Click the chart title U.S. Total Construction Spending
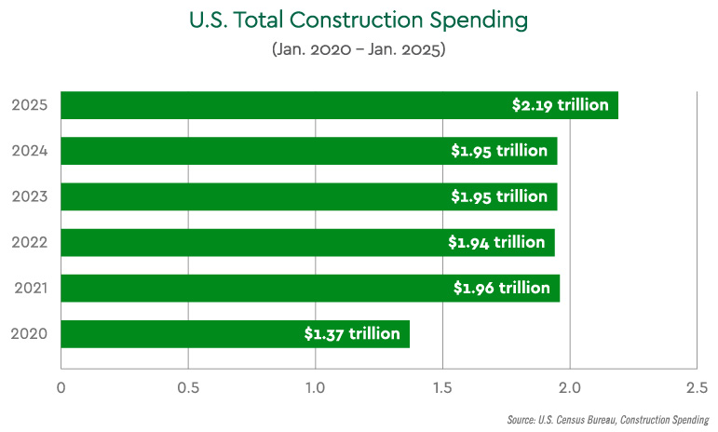pos(359,20)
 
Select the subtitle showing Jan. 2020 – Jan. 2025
pos(359,49)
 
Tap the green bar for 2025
pos(279,105)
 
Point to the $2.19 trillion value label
pos(560,105)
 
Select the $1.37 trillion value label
pos(352,333)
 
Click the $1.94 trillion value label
pos(496,242)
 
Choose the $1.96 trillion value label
pos(501,288)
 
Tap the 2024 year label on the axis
pos(30,151)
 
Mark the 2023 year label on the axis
pos(30,196)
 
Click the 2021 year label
pos(31,288)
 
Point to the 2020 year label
pos(30,333)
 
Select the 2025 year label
pos(30,105)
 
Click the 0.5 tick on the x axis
pos(188,386)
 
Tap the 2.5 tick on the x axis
pos(697,386)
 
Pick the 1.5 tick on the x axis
pos(442,386)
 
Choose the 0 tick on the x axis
pos(61,386)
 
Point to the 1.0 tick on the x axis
pos(316,386)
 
